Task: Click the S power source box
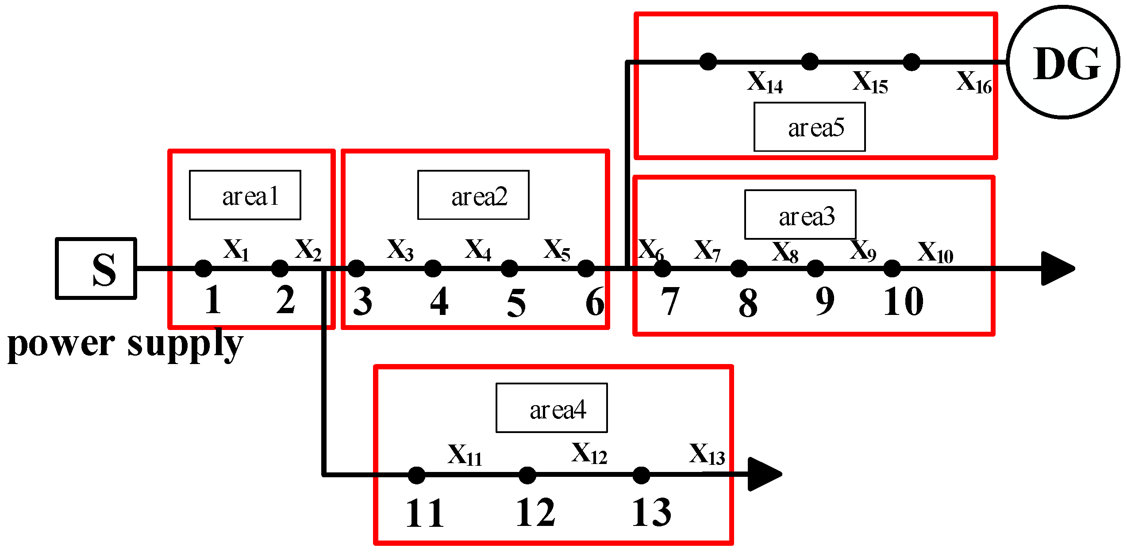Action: coord(96,268)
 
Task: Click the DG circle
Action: coord(1064,62)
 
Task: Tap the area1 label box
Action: coord(245,195)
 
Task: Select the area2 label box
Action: coord(473,195)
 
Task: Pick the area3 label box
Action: coord(800,215)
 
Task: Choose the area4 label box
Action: coord(552,408)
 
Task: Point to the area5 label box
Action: coord(810,127)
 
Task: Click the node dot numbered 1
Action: coord(204,268)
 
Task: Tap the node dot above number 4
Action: coord(433,268)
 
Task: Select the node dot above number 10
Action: coord(892,268)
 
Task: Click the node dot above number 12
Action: coord(527,475)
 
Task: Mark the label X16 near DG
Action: coord(974,83)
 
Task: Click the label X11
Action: coord(465,456)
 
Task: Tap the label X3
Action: coord(400,250)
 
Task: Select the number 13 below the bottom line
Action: coord(651,513)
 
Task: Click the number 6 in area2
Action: coord(595,302)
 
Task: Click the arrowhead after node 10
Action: coord(1057,268)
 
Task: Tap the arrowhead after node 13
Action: coord(764,474)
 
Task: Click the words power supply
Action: coord(125,345)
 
